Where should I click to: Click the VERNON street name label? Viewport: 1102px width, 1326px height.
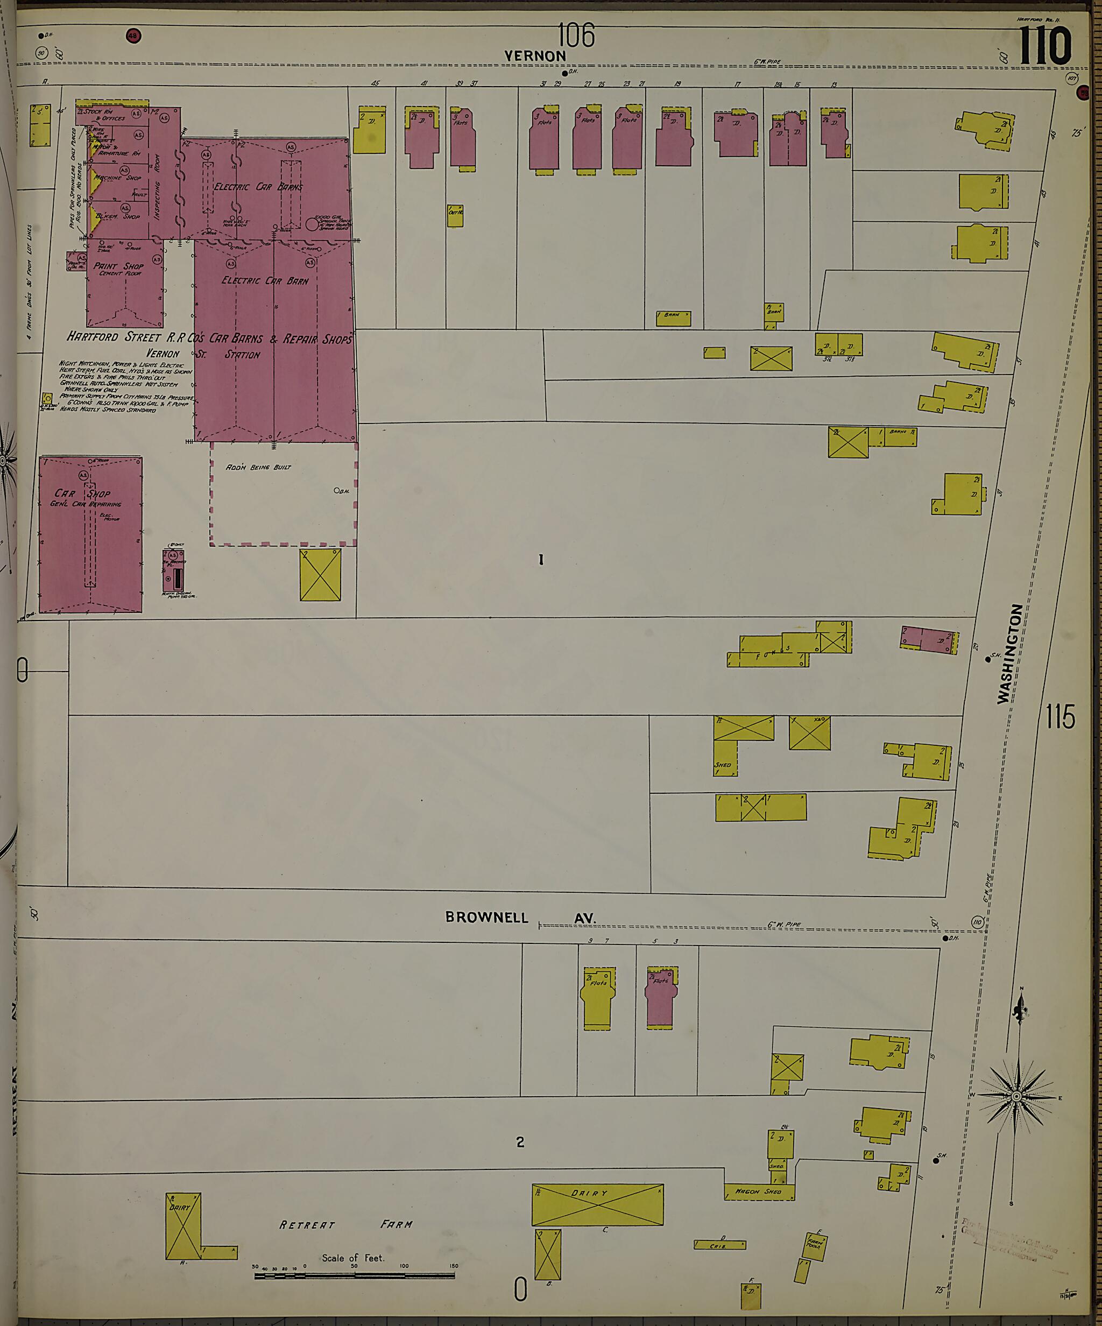click(535, 56)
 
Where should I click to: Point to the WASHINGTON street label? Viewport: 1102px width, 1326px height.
click(1010, 653)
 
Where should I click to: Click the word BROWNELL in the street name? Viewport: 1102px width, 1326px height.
click(486, 918)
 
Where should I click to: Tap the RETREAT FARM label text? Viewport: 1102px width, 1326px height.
click(346, 1224)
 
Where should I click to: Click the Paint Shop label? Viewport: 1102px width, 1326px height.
click(119, 266)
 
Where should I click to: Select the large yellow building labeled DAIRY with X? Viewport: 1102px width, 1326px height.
click(597, 1204)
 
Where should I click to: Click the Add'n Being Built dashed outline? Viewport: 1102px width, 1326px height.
click(284, 493)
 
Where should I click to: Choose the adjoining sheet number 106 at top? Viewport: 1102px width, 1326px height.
click(576, 36)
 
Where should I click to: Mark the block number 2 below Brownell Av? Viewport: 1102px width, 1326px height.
click(520, 1141)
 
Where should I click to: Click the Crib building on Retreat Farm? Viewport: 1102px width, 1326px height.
click(719, 1245)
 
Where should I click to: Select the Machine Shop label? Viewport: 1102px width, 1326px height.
click(117, 178)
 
